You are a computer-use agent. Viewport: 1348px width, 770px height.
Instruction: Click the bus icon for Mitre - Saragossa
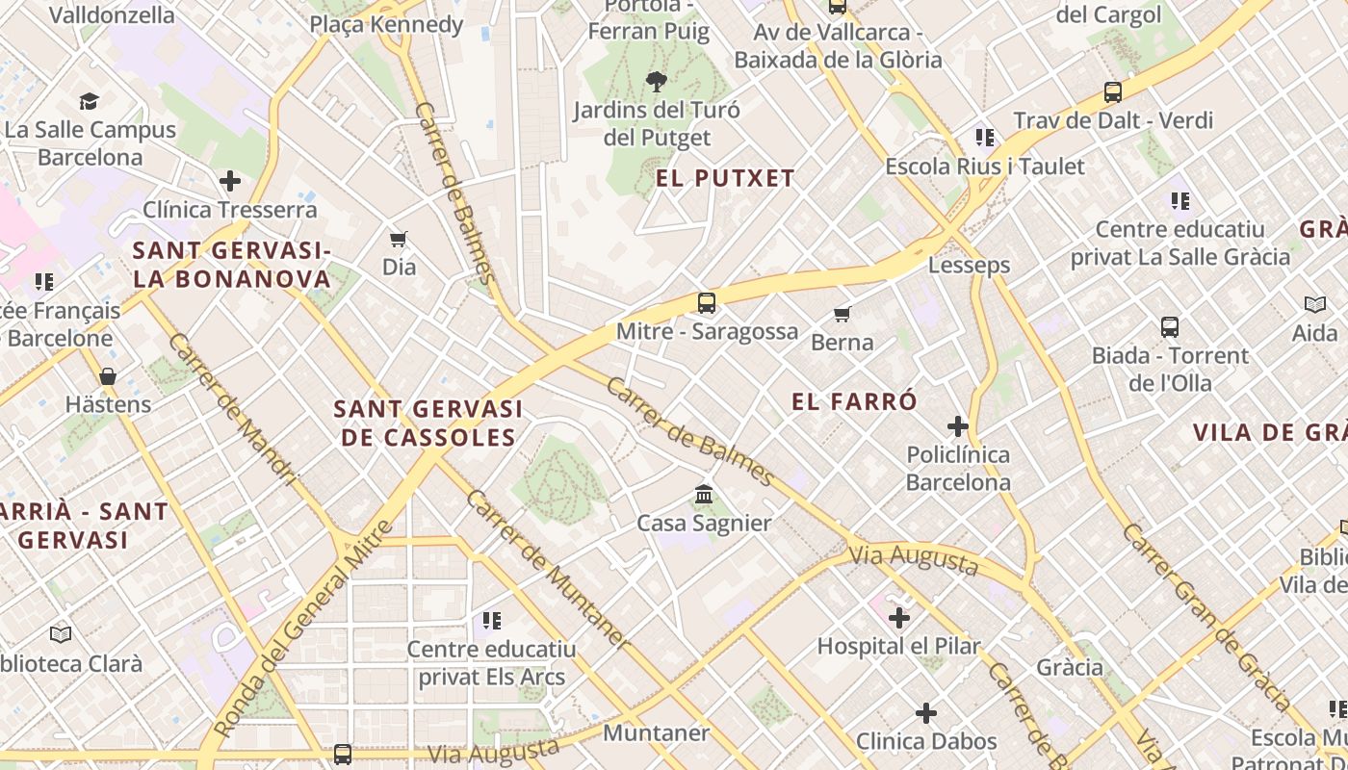(x=706, y=303)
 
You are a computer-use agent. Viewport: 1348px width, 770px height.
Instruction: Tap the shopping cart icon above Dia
(x=399, y=239)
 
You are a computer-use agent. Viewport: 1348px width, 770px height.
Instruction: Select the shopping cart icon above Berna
(x=842, y=314)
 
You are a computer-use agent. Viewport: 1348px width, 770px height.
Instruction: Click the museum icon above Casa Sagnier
(x=704, y=495)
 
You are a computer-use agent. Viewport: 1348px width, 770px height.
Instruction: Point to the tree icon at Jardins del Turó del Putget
(x=657, y=82)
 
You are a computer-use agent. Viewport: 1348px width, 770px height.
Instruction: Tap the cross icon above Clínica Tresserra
(x=229, y=181)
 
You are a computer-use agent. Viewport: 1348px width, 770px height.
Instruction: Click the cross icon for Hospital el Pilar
(x=899, y=618)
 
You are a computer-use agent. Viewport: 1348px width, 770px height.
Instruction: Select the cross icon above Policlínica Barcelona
(x=958, y=425)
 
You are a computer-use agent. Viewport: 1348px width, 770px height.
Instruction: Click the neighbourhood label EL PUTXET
(x=725, y=178)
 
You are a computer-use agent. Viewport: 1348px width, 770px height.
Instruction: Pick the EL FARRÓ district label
(x=854, y=402)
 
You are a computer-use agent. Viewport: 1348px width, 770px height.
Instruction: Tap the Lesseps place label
(x=969, y=266)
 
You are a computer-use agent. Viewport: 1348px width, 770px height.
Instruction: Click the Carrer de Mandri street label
(x=232, y=409)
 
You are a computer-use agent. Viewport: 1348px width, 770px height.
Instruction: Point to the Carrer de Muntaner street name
(x=548, y=570)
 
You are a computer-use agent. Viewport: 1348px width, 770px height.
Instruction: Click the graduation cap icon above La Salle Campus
(x=90, y=101)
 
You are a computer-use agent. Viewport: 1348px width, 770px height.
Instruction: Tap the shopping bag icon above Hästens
(x=108, y=375)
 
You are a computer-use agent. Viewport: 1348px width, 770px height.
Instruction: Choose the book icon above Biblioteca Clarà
(x=61, y=634)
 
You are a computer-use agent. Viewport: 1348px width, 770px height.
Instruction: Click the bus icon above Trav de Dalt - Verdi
(x=1113, y=92)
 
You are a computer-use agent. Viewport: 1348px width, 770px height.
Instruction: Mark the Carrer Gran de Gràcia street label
(x=1207, y=616)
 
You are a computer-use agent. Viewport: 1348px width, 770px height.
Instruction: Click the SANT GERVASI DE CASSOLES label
(x=428, y=423)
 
